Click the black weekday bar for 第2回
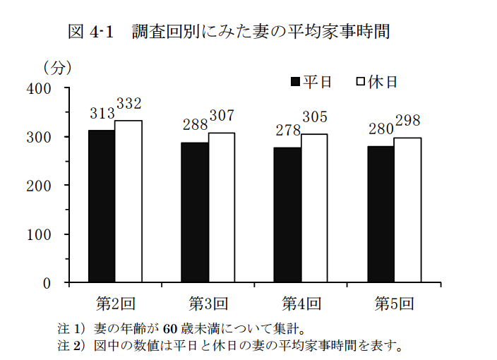(x=101, y=206)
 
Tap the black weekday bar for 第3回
(x=194, y=212)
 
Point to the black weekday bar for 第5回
(x=381, y=214)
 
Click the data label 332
(x=129, y=104)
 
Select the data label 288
(x=194, y=125)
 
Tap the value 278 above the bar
(x=287, y=130)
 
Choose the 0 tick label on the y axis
(x=47, y=283)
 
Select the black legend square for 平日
(x=296, y=82)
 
